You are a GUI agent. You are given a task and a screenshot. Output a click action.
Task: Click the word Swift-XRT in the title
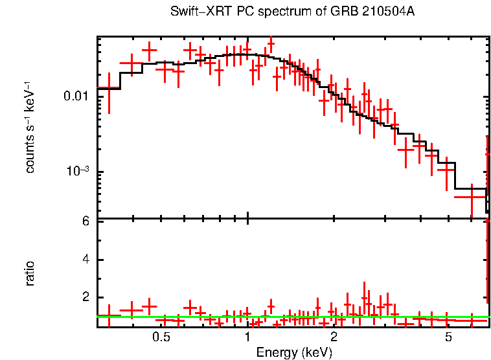[195, 12]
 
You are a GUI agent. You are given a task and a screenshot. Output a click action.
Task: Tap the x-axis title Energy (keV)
[294, 352]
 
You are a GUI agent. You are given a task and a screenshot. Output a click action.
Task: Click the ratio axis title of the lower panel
[30, 274]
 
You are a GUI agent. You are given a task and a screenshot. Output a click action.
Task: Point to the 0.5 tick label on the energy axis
[161, 338]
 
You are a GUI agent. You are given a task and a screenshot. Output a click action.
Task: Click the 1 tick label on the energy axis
[248, 338]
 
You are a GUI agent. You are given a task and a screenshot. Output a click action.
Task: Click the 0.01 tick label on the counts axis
[77, 96]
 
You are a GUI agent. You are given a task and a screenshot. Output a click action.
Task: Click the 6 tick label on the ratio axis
[85, 221]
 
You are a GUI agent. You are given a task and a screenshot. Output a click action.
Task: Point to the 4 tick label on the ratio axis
[85, 260]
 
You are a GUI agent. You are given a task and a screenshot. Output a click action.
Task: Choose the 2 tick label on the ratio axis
[85, 297]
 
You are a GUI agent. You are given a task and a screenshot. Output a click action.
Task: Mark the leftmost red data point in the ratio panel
[108, 315]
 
